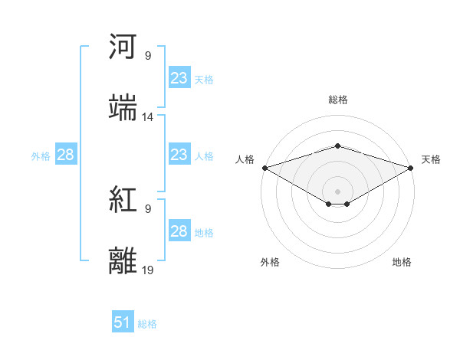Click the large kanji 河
[123, 47]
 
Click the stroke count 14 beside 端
[148, 117]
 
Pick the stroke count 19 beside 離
[148, 270]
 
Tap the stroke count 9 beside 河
[148, 56]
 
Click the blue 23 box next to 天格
[179, 78]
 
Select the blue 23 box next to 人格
[179, 155]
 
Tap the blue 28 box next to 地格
[179, 231]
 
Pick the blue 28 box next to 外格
[65, 155]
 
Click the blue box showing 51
[123, 322]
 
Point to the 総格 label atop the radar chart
[338, 100]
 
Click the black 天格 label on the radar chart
[431, 159]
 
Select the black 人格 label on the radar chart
[245, 159]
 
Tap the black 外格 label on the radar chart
[270, 262]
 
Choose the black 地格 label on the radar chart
[402, 262]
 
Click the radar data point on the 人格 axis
[264, 168]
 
